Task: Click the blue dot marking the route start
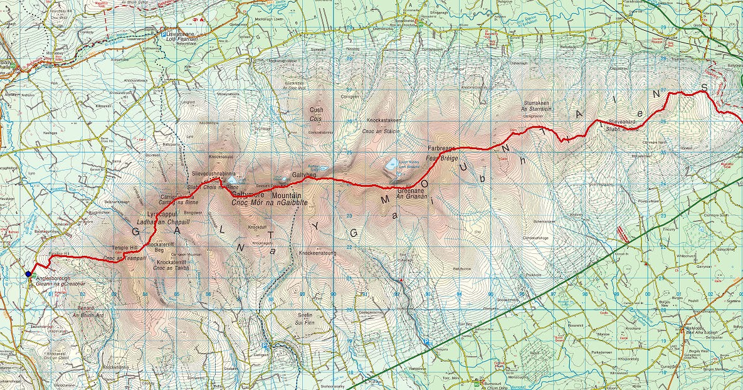click(28, 273)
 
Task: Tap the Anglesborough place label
click(56, 278)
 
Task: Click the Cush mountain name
click(316, 110)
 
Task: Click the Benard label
click(86, 308)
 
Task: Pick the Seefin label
click(305, 315)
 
